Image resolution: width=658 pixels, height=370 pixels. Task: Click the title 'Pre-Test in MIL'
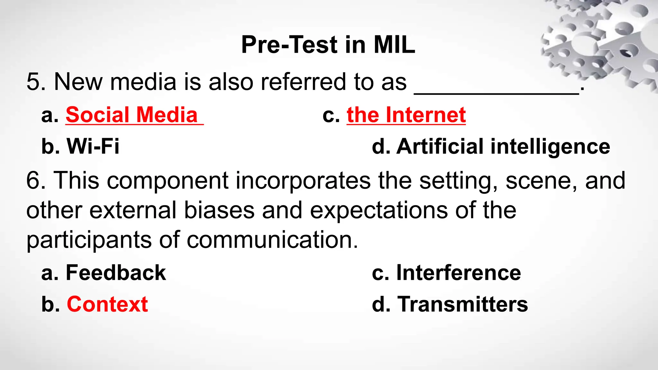(x=328, y=45)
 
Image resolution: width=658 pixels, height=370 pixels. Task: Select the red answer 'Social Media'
(x=132, y=115)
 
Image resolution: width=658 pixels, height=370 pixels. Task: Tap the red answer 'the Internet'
(x=406, y=115)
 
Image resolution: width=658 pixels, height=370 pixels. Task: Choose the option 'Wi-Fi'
(x=93, y=146)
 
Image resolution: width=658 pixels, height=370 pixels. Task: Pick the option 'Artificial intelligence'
(x=503, y=146)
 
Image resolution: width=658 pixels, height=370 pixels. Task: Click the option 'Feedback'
(x=116, y=273)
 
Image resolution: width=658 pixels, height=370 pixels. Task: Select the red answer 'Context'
(x=107, y=304)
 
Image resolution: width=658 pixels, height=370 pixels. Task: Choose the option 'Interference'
(x=458, y=273)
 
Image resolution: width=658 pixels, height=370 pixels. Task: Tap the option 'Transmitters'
(x=462, y=304)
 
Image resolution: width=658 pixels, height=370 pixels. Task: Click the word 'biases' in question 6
(x=219, y=210)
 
